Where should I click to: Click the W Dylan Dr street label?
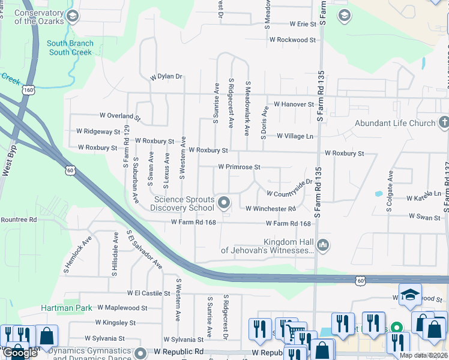tap(166, 77)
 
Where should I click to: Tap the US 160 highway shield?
tap(28, 89)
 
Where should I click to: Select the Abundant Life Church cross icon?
tap(444, 123)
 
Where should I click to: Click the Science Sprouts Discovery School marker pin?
tap(224, 203)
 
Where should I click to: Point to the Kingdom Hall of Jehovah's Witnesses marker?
tap(323, 244)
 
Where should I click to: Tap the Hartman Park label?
tap(67, 308)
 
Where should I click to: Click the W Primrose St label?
tap(239, 167)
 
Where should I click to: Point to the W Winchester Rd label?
tap(271, 209)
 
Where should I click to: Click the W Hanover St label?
tap(294, 104)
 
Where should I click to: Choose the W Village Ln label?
tap(295, 136)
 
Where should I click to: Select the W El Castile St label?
tap(148, 293)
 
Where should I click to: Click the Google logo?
tap(20, 353)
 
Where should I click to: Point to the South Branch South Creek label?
tap(70, 48)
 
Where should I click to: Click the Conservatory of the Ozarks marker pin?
tap(73, 16)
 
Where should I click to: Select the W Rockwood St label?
tap(292, 40)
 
